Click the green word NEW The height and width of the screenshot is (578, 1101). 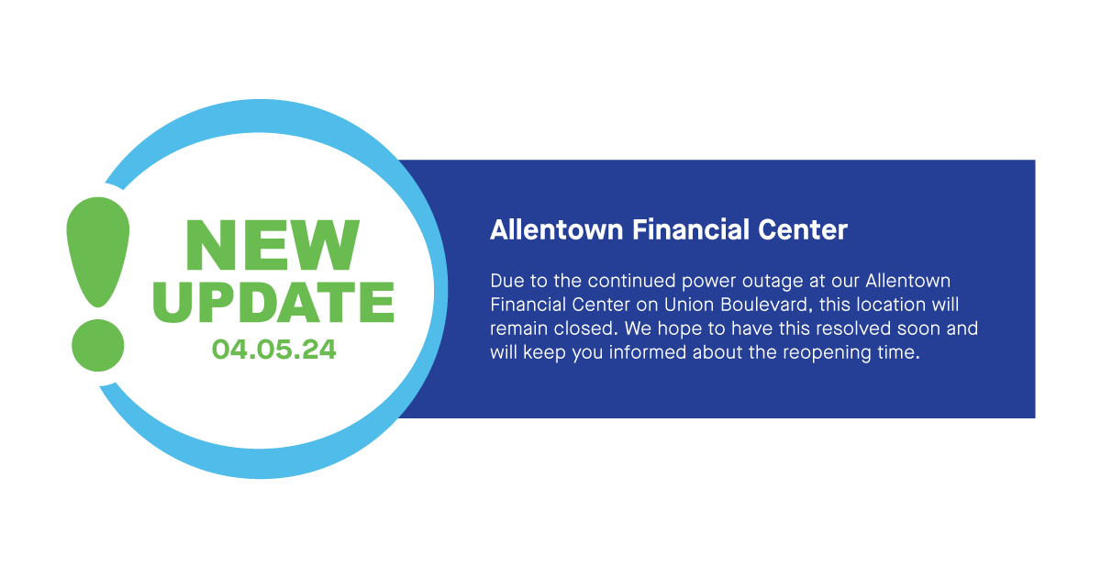pyautogui.click(x=272, y=245)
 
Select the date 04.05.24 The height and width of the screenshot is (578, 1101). pyautogui.click(x=273, y=350)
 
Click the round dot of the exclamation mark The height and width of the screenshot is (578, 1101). pyautogui.click(x=97, y=346)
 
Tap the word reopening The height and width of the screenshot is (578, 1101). pyautogui.click(x=825, y=353)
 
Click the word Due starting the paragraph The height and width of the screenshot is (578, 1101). pyautogui.click(x=506, y=280)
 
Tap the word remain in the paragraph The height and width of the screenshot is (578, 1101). pyautogui.click(x=517, y=328)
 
